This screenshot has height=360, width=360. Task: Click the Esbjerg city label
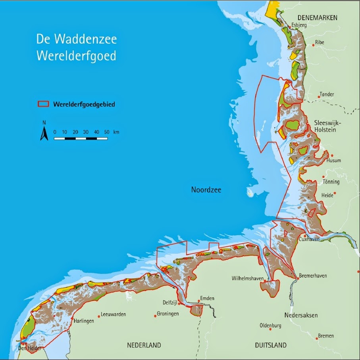300,25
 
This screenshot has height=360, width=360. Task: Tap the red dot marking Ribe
313,45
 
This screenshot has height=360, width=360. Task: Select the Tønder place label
327,94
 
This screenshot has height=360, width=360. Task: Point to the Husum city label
333,161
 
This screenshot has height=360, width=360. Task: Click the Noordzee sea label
206,190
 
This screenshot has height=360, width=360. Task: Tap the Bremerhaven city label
313,276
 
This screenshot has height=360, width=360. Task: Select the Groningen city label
167,313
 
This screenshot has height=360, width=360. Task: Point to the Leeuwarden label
113,314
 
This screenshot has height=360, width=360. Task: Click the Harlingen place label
84,321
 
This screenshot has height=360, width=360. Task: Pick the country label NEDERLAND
144,345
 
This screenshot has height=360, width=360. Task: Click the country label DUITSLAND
270,345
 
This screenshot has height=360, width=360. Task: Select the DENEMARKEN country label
318,18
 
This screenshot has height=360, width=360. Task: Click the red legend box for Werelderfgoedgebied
43,104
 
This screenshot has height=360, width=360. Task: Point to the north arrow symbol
44,134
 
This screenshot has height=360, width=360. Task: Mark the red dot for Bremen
317,339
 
